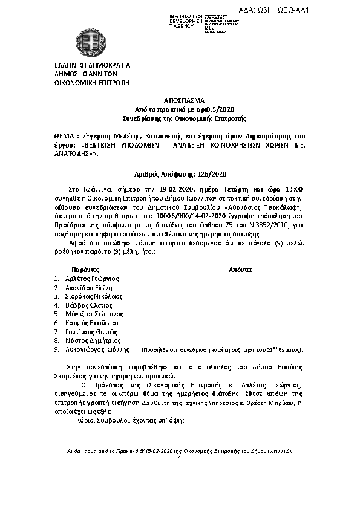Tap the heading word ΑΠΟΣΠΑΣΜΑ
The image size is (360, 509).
180,100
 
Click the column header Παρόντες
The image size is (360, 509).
85,268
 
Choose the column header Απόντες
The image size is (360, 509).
241,268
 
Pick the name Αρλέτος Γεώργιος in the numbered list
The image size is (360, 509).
92,279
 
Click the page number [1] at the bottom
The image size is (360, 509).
180,459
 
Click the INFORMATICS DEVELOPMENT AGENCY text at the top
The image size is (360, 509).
186,21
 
